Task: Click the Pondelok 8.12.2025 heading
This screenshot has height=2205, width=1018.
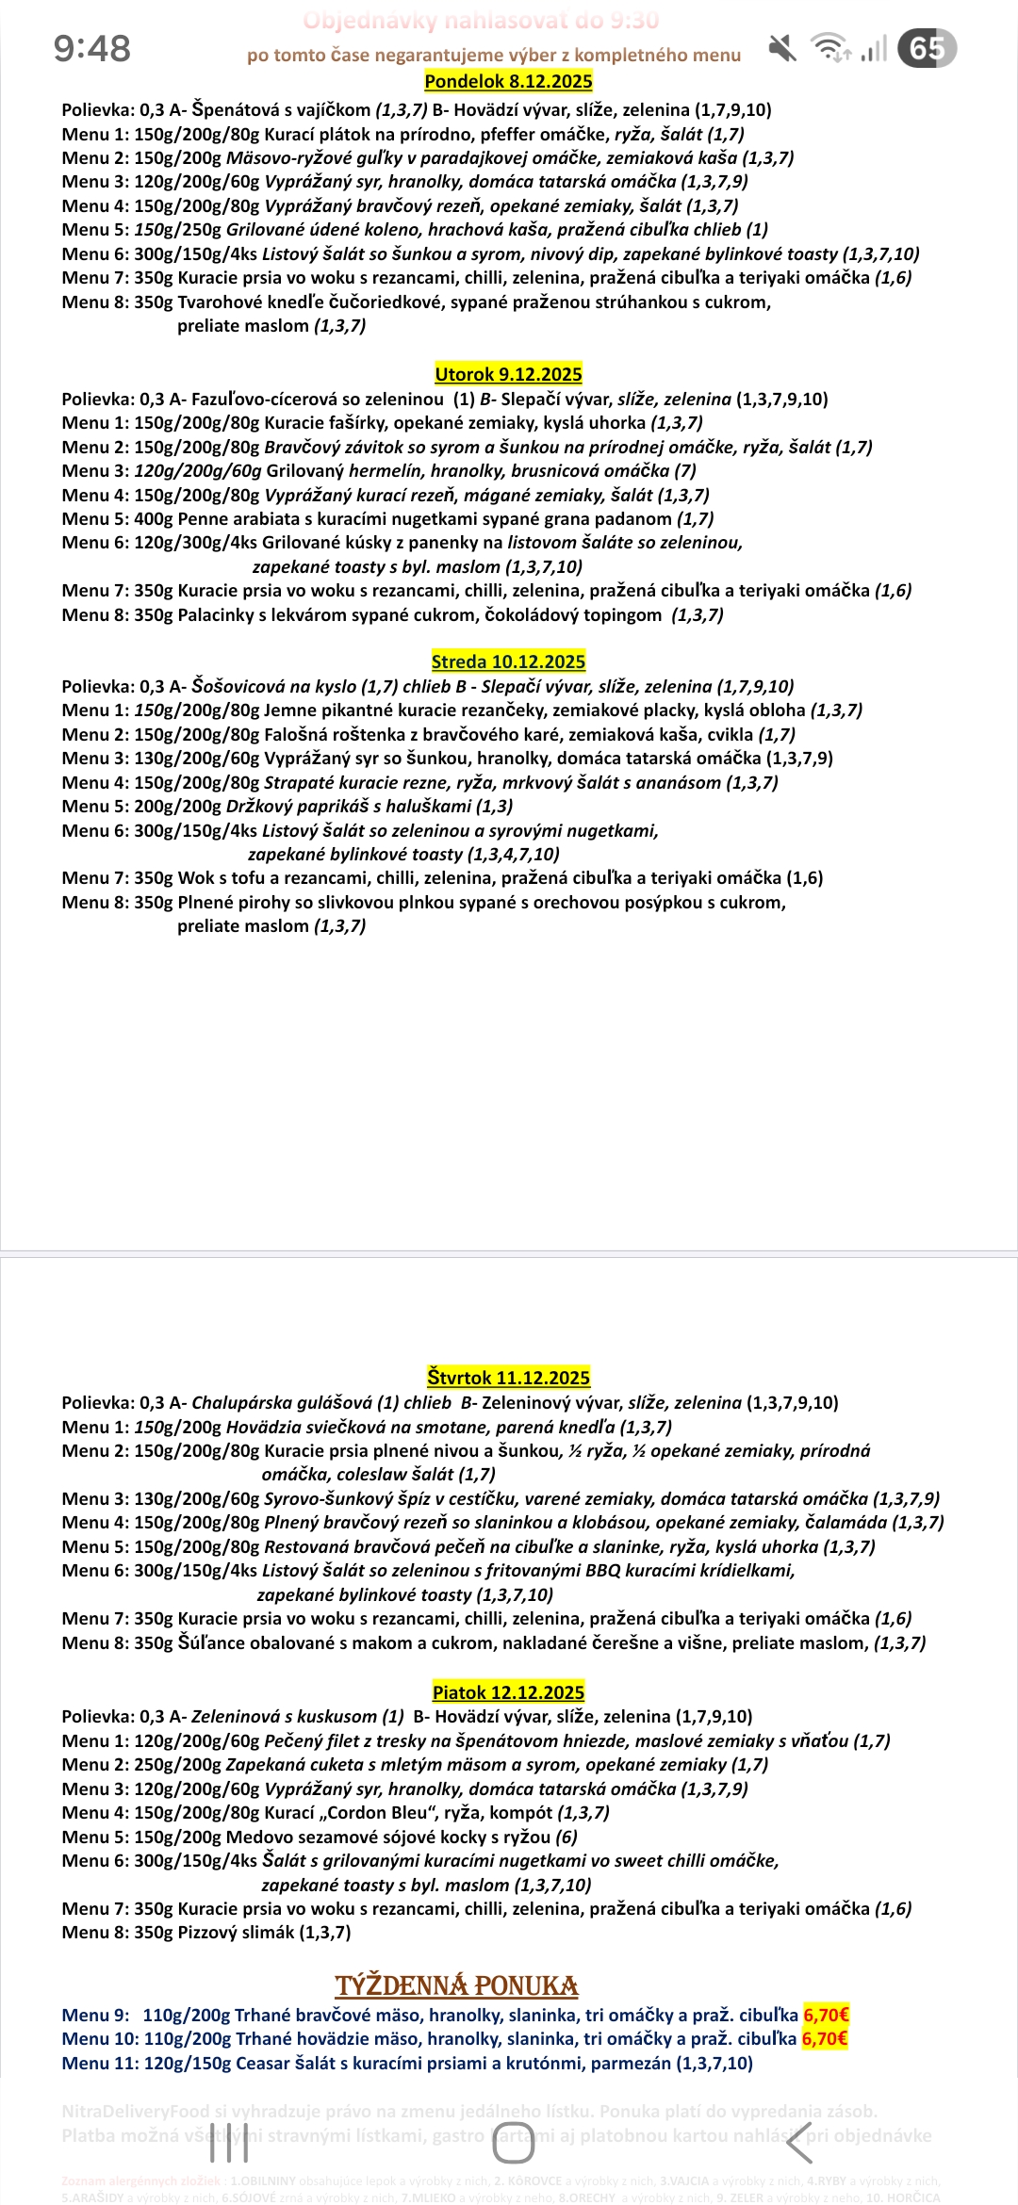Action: tap(508, 81)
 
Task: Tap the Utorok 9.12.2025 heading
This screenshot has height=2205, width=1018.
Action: tap(508, 374)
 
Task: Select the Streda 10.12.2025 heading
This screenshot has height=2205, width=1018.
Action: tap(508, 661)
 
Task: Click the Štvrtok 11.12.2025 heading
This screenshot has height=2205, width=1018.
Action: tap(508, 1378)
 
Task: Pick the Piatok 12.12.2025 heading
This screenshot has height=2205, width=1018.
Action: tap(508, 1691)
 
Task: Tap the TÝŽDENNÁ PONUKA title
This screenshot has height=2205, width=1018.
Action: tap(456, 1985)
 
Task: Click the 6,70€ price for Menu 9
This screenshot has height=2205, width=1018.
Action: tap(826, 2015)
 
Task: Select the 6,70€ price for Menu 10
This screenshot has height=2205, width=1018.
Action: tap(825, 2038)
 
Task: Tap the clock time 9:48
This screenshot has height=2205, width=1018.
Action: tap(91, 48)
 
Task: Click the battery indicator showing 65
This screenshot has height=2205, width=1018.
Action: tap(927, 48)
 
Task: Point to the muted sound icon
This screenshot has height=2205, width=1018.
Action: tap(781, 47)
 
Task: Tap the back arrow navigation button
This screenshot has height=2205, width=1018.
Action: tap(799, 2144)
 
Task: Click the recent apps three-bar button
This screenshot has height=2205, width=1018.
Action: tap(229, 2144)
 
